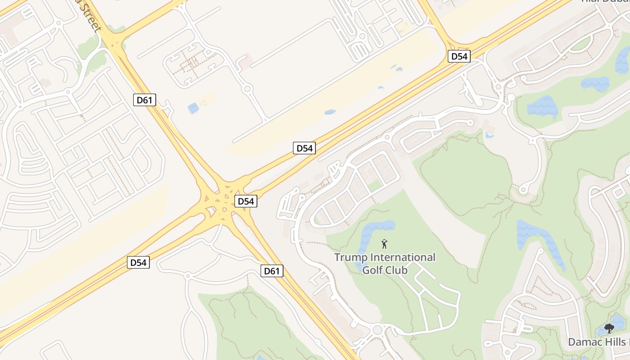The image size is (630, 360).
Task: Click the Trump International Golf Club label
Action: click(x=385, y=264)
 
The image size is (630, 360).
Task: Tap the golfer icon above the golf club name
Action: click(x=384, y=244)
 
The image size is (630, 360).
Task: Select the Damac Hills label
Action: click(x=598, y=342)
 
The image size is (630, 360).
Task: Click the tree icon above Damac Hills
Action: click(x=609, y=328)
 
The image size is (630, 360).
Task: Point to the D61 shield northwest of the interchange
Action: click(x=144, y=100)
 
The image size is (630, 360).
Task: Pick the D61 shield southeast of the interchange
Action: click(x=272, y=271)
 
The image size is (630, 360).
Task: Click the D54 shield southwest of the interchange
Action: click(x=138, y=262)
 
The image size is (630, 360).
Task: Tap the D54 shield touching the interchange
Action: click(x=246, y=201)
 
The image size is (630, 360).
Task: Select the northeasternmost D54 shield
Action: click(x=459, y=56)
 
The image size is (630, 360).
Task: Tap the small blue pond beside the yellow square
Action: click(x=193, y=108)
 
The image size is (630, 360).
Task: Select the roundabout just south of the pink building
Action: click(x=247, y=89)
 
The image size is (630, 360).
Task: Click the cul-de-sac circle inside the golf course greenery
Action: click(x=523, y=190)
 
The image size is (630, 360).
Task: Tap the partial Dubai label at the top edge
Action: click(x=605, y=1)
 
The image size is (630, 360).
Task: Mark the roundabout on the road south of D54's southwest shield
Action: click(x=188, y=275)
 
